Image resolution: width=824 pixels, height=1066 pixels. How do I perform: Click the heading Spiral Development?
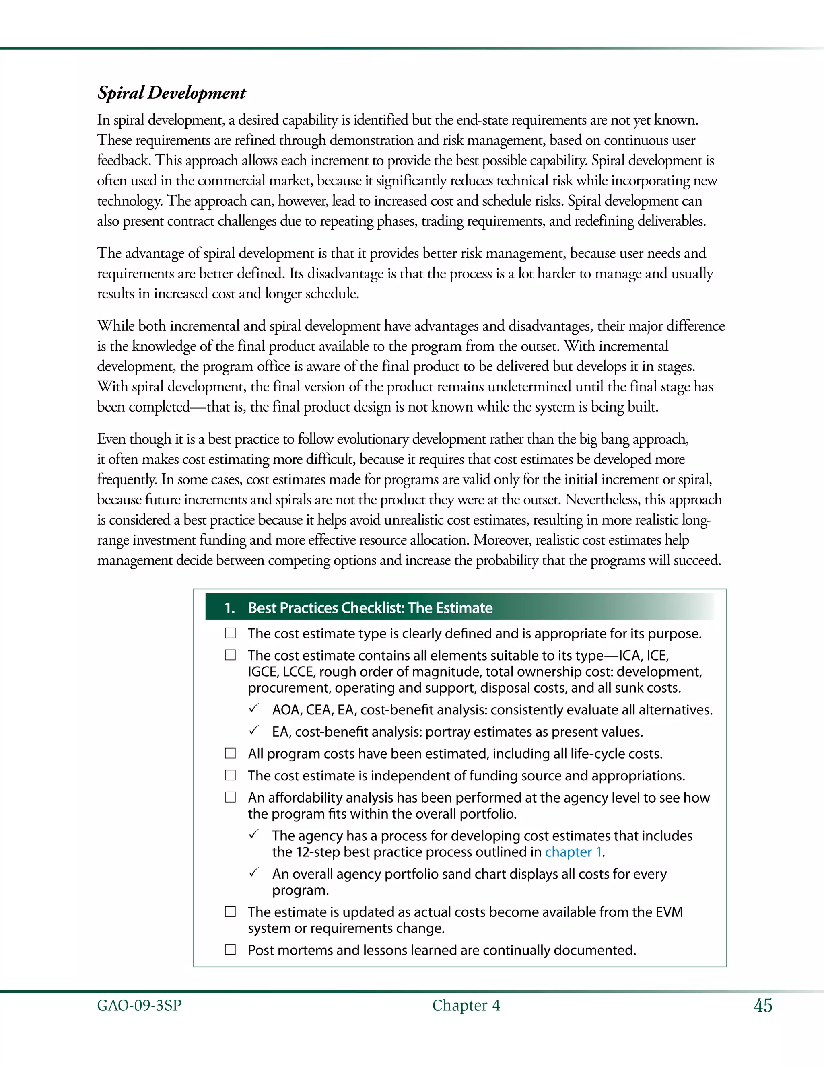(x=171, y=93)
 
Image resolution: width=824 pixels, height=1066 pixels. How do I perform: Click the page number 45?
(x=763, y=1006)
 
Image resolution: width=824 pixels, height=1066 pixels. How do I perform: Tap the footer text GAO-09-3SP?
(x=139, y=1006)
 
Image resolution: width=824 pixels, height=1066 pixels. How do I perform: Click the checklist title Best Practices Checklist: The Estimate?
(x=370, y=608)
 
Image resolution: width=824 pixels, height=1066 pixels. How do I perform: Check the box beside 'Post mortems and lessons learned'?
(x=230, y=950)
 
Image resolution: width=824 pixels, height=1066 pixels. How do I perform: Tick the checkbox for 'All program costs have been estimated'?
(x=230, y=753)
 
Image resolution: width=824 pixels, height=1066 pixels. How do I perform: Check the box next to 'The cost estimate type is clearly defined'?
(x=230, y=633)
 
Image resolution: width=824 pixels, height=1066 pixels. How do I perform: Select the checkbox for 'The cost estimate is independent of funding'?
(x=230, y=775)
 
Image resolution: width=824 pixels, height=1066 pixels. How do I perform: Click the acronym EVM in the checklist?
(x=669, y=912)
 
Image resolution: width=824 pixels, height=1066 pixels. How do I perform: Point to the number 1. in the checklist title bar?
(x=229, y=608)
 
